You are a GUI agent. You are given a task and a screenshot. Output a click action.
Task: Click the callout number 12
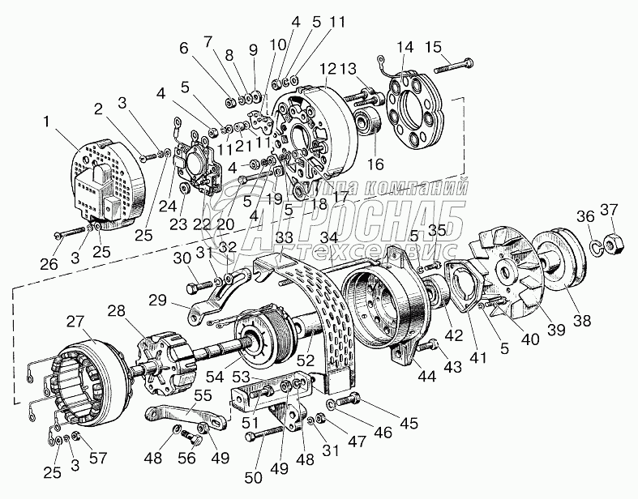click(x=328, y=69)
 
